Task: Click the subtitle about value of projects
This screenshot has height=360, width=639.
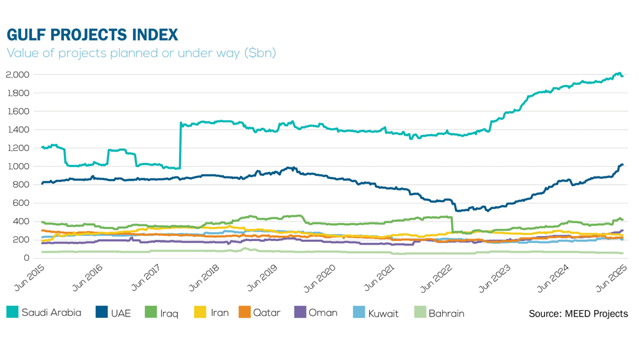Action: pos(141,53)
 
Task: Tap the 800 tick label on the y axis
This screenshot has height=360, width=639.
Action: pos(22,185)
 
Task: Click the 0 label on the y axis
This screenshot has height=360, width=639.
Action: pos(27,258)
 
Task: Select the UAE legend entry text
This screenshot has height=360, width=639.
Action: pos(121,313)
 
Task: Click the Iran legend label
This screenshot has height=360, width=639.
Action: pos(220,313)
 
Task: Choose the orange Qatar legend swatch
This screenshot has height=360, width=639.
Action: pos(244,313)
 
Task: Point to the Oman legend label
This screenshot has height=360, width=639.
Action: pos(323,313)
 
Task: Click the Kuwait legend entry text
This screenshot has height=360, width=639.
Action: pos(383,313)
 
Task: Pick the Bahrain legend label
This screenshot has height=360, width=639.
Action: pos(446,313)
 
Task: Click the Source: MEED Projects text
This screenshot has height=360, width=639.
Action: pos(578,313)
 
